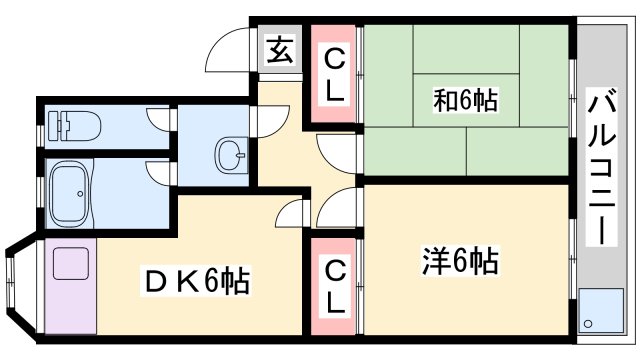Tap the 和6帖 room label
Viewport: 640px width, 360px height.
pos(465,99)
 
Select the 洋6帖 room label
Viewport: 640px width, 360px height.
pos(457,262)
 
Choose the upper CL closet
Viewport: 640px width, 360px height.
pos(334,76)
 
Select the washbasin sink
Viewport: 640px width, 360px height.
pos(232,155)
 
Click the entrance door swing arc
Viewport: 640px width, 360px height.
pos(229,44)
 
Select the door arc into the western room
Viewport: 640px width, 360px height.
pos(336,208)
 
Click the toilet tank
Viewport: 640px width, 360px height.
pos(55,126)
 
